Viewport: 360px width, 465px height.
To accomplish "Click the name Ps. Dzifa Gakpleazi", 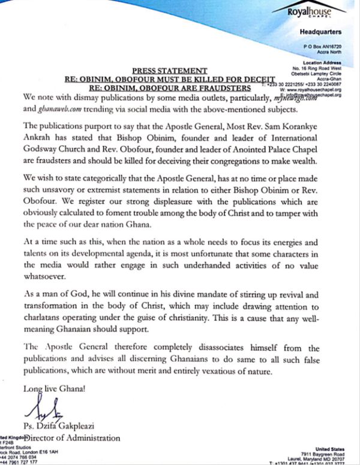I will click(67, 427).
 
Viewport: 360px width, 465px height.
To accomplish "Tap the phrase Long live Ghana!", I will click(52, 388).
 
